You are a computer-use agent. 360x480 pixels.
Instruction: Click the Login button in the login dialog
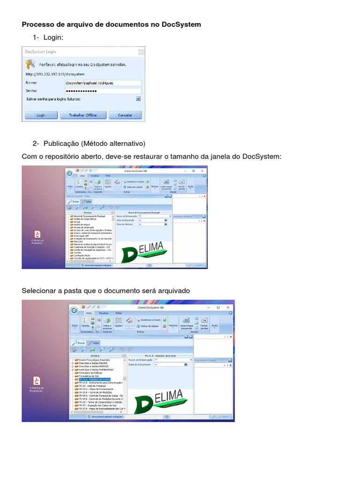(41, 115)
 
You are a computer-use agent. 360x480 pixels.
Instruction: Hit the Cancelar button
(125, 115)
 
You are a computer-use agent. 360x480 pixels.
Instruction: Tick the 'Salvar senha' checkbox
(138, 99)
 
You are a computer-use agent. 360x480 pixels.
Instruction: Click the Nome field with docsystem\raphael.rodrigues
(103, 82)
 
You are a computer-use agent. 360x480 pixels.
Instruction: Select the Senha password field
(103, 90)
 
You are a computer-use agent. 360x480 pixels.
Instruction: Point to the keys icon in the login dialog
(30, 64)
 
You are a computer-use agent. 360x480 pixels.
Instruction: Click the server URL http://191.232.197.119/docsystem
(55, 74)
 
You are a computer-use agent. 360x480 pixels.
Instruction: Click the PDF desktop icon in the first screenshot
(37, 234)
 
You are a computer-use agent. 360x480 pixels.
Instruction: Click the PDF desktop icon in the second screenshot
(37, 380)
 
